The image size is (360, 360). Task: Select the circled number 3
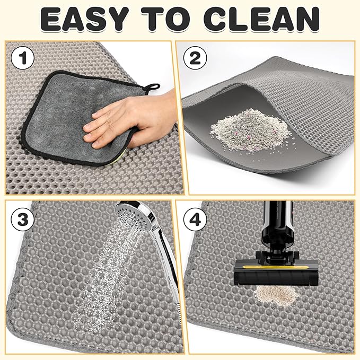pos(21,218)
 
